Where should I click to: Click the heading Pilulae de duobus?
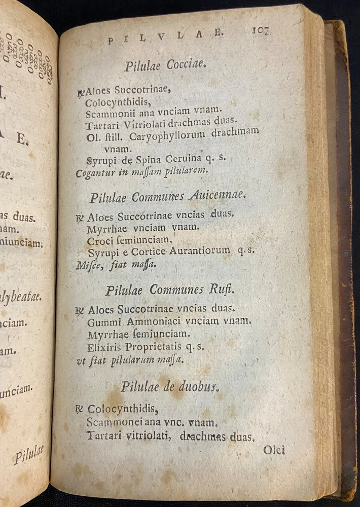(x=169, y=387)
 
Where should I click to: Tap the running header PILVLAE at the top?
(x=165, y=36)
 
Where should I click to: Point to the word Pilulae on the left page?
(x=29, y=454)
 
